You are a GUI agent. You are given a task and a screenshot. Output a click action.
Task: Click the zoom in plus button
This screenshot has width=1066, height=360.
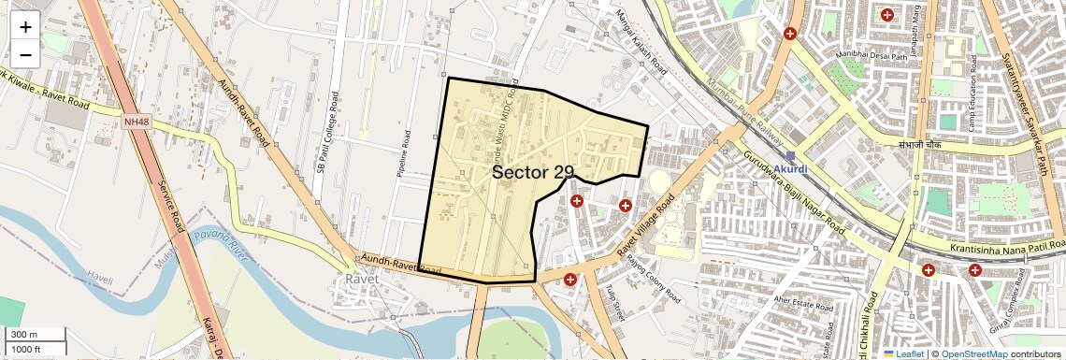25,26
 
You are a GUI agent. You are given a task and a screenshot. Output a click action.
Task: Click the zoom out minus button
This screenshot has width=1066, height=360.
25,54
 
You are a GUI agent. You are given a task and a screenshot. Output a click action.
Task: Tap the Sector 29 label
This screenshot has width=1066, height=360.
532,172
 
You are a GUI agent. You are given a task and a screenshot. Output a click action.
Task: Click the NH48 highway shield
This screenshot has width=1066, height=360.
135,120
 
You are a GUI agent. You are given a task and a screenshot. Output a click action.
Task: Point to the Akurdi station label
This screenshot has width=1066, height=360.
796,169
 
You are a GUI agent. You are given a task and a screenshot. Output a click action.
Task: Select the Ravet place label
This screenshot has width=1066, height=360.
362,280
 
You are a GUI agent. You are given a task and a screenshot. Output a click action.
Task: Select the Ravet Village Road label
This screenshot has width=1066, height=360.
646,228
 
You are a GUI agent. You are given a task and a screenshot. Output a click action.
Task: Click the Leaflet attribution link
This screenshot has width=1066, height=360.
904,353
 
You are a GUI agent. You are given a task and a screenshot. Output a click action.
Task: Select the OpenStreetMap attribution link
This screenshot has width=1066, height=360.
973,353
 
